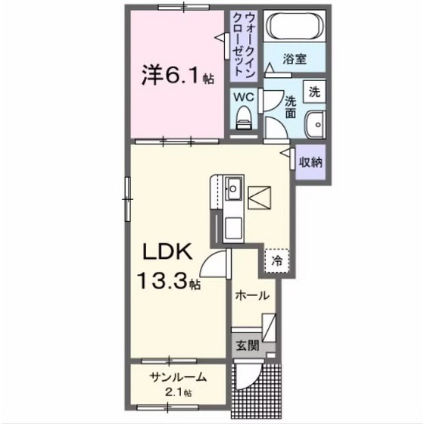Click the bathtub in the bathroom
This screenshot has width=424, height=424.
pos(292,30)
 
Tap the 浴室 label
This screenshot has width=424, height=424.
pos(295,58)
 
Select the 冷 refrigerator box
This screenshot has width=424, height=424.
pos(276,259)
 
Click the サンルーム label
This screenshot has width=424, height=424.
pos(177,378)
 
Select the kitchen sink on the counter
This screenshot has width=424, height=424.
pos(234,184)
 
